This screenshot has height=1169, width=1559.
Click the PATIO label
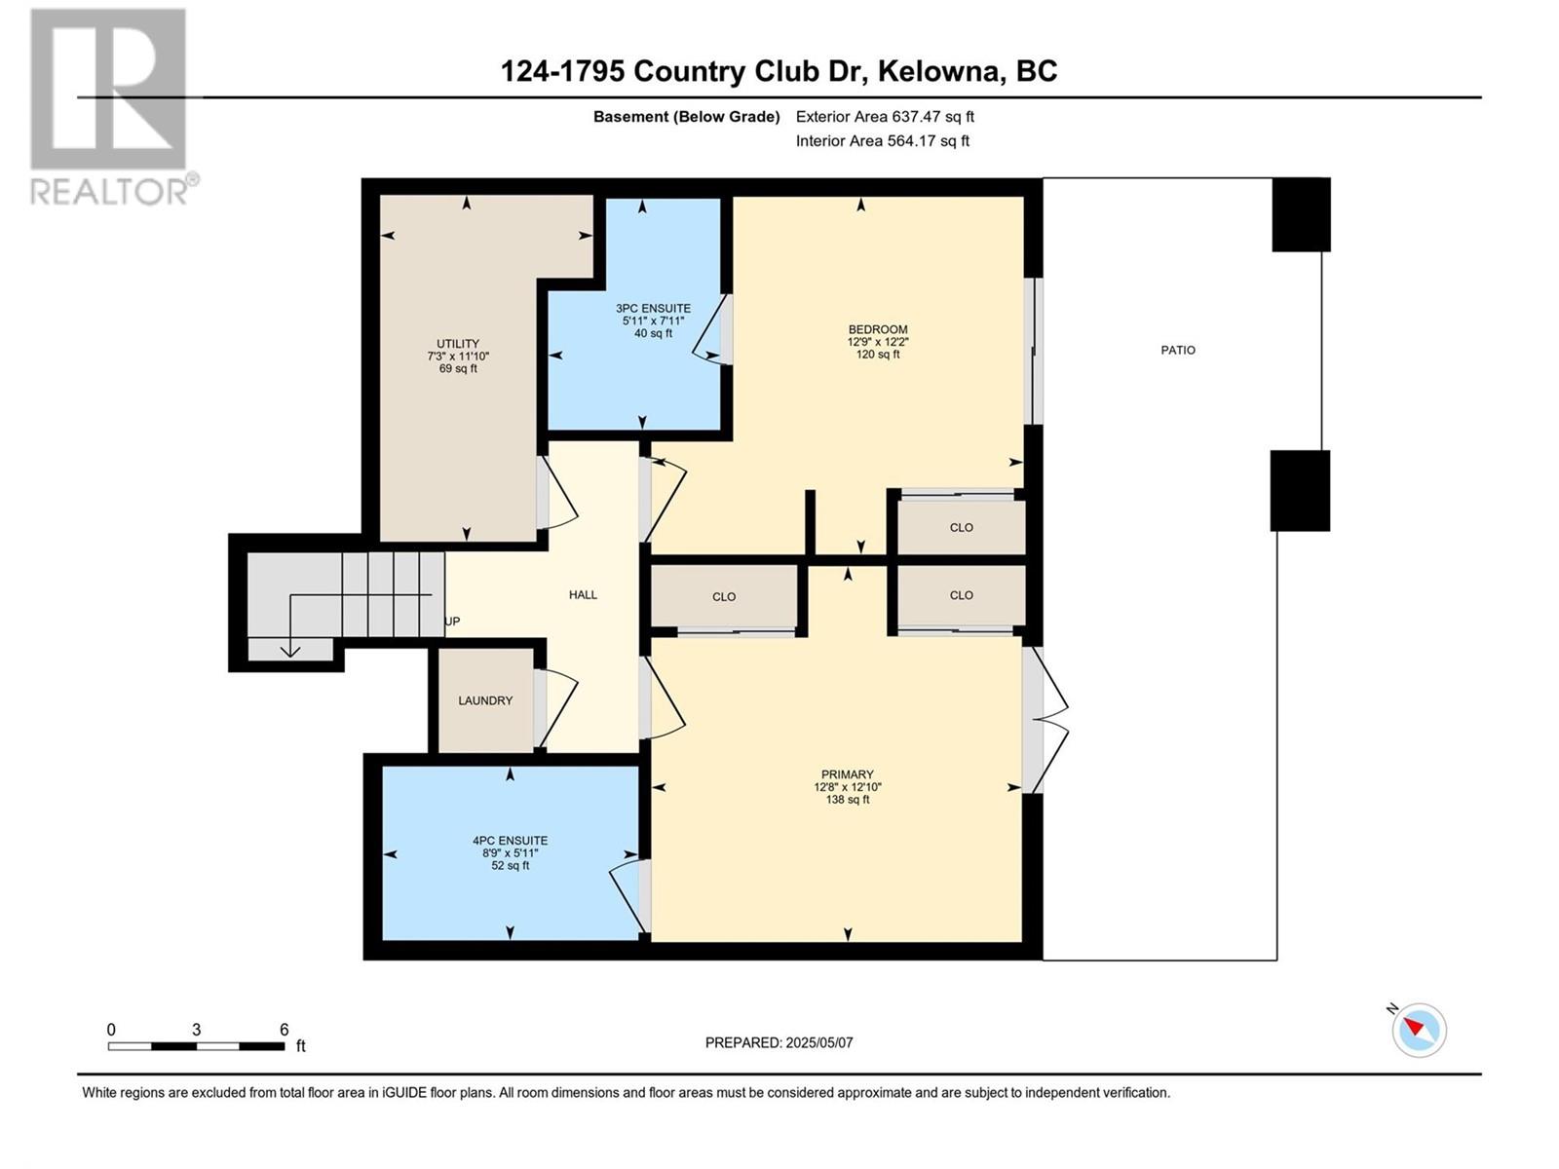click(1178, 350)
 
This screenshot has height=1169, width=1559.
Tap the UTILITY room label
click(458, 344)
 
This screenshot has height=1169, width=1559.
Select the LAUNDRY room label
click(485, 700)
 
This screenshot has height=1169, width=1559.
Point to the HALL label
click(583, 595)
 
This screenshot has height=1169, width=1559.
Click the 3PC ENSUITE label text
click(654, 309)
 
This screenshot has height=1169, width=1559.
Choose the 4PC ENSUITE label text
click(510, 841)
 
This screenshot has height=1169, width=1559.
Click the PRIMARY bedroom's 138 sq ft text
click(848, 799)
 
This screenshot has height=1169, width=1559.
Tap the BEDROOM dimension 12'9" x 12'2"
click(878, 341)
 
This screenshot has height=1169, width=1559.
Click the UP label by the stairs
click(452, 622)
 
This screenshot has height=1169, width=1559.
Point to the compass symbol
click(1419, 1030)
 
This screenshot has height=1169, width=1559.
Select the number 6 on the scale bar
click(285, 1029)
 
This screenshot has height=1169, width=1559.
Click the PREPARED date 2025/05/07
click(818, 1042)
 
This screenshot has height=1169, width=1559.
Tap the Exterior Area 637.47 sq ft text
click(885, 116)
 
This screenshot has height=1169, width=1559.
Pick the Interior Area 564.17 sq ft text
click(882, 140)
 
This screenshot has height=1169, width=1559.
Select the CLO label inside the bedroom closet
click(961, 527)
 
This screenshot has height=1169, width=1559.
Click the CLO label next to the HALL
click(724, 597)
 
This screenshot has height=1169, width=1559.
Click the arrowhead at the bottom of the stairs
click(290, 651)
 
